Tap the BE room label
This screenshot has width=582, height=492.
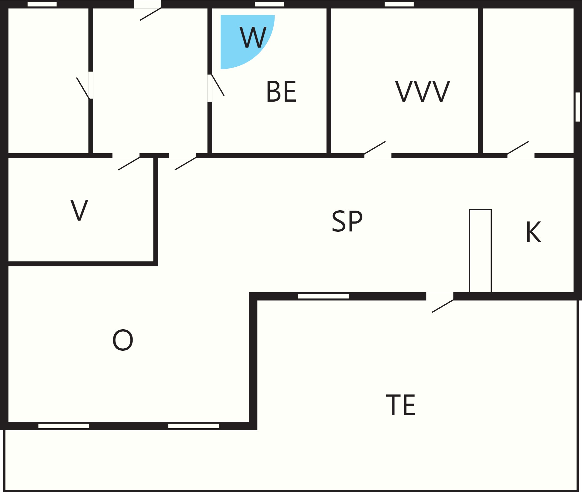(x=281, y=92)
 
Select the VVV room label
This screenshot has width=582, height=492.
(x=422, y=91)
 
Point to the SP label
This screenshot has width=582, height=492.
(x=347, y=221)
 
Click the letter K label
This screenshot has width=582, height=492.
(x=533, y=232)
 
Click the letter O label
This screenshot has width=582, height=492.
(x=123, y=340)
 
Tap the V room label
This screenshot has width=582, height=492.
(x=79, y=210)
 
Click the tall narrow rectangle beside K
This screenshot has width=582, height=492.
(x=480, y=251)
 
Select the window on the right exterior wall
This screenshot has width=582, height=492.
(x=578, y=107)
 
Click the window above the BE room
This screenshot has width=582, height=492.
(x=269, y=4)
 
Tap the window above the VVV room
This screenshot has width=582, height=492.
(x=399, y=4)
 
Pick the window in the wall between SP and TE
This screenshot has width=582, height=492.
(x=323, y=296)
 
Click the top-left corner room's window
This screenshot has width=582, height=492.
(x=42, y=4)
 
